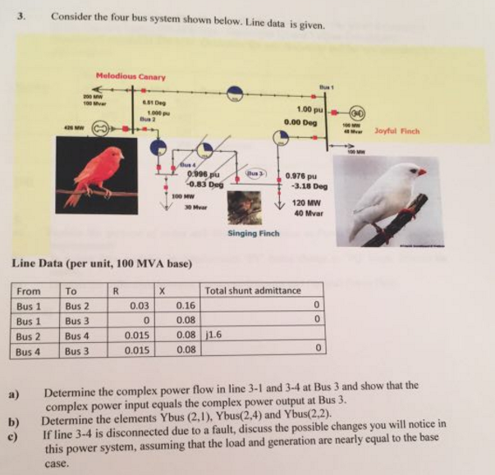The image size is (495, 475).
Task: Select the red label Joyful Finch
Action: pos(396,130)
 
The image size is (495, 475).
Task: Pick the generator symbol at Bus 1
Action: pos(358,114)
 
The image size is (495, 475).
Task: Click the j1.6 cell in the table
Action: pos(214,335)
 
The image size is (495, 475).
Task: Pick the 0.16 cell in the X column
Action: pos(186,305)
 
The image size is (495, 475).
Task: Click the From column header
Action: pos(29,290)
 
